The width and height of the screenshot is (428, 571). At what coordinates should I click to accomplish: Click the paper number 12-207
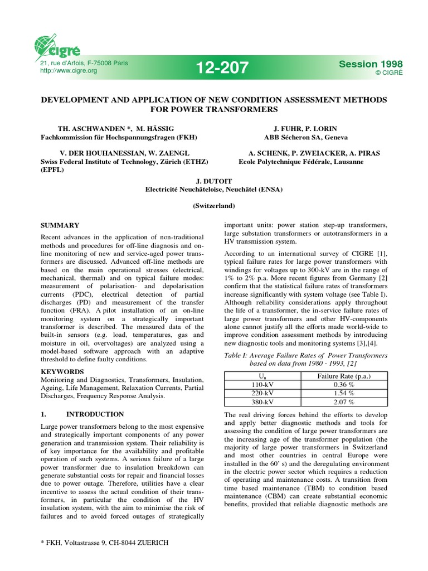point(222,69)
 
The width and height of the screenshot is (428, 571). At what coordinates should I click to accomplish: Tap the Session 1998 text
point(370,65)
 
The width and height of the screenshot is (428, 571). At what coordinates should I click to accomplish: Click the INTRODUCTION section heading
point(95,414)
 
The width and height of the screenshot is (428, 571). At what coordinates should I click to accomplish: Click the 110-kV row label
point(262,384)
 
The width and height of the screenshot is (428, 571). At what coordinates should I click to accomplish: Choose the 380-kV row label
point(262,402)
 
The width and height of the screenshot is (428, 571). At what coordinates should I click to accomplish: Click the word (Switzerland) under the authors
point(214,206)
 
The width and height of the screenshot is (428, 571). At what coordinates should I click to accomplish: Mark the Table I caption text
point(305,359)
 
